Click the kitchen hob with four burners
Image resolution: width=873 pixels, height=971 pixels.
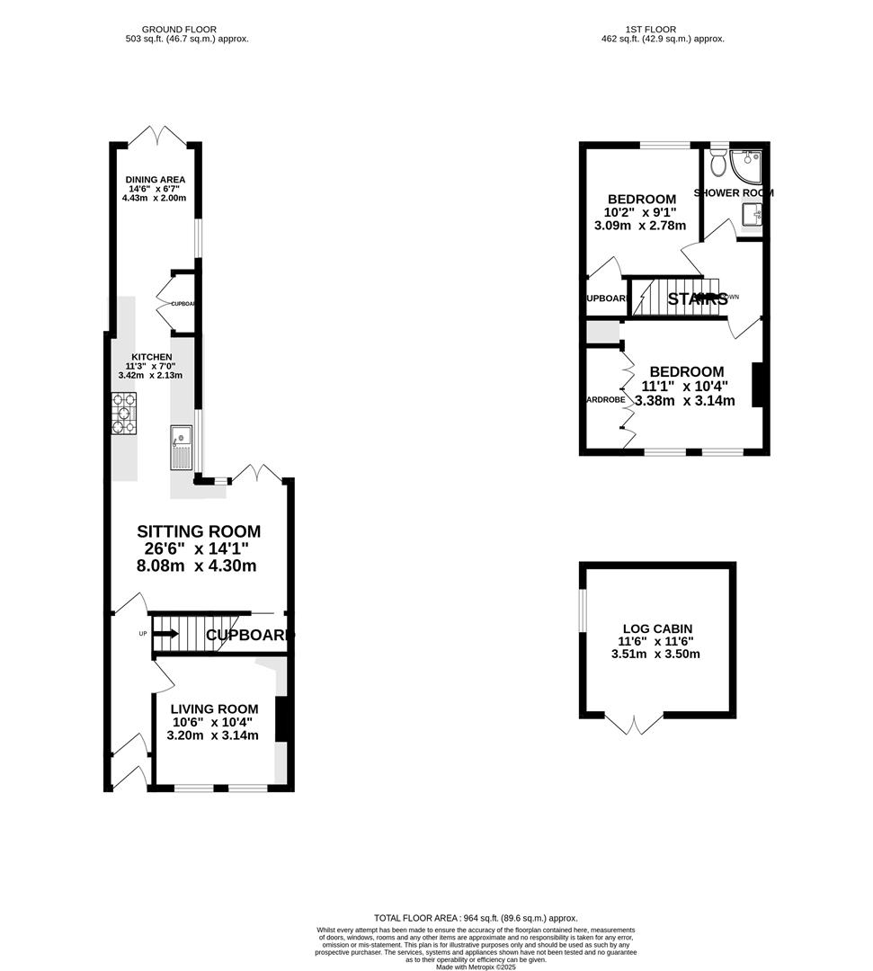[x=123, y=414]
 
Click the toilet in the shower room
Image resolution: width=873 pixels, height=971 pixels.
[x=717, y=164]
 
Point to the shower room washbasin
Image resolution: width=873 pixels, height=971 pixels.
[x=751, y=215]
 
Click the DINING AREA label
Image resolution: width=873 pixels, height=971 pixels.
[x=155, y=179]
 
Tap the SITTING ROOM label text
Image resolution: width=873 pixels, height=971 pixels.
[x=198, y=531]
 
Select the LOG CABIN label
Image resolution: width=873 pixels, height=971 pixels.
[x=657, y=628]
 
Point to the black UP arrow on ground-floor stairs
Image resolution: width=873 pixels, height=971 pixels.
[x=166, y=634]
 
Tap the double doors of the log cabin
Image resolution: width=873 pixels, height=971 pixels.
[x=634, y=724]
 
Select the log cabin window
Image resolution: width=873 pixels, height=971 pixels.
[x=583, y=610]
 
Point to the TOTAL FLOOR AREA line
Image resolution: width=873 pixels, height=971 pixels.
[x=476, y=918]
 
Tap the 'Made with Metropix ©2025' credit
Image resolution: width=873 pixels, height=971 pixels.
[x=476, y=967]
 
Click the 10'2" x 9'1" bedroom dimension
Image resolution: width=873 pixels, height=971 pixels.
[x=641, y=213]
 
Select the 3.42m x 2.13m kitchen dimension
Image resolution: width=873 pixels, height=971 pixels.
[x=150, y=376]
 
